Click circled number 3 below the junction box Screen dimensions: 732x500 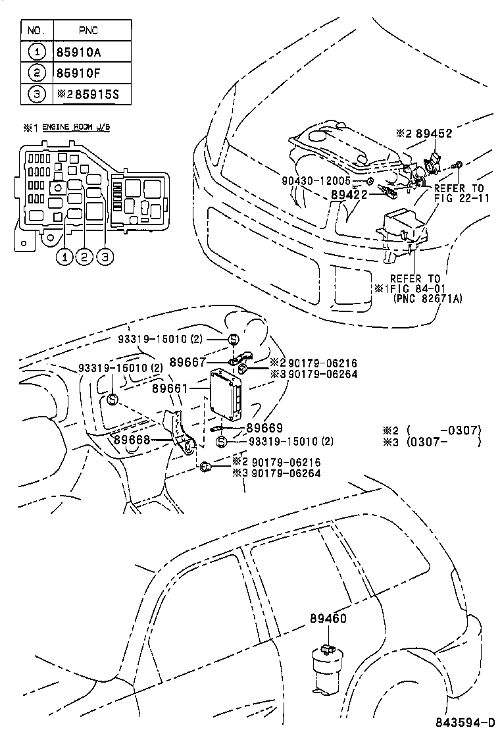coord(105,257)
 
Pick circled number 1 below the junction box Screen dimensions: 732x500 coord(64,257)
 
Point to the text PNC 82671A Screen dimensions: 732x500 coord(428,299)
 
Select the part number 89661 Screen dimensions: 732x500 coord(170,389)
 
